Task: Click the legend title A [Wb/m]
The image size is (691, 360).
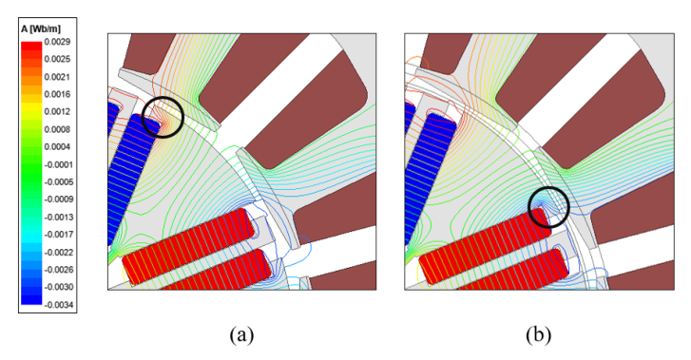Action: click(x=41, y=29)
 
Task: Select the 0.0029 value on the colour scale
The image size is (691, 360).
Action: click(x=57, y=42)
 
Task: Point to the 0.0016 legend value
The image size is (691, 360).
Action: click(x=57, y=94)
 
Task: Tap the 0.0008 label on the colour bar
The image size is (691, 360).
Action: click(x=57, y=129)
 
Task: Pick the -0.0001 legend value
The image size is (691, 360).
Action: click(x=58, y=164)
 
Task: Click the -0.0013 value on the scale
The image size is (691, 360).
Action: click(x=58, y=218)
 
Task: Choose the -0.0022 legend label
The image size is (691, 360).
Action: click(x=58, y=253)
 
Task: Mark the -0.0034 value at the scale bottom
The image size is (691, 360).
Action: click(x=58, y=305)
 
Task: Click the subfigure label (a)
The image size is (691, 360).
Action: click(x=241, y=335)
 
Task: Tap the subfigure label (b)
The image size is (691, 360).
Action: click(x=538, y=335)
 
